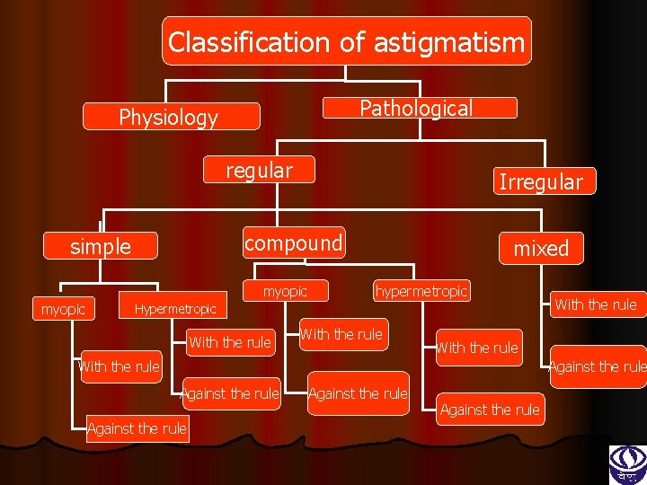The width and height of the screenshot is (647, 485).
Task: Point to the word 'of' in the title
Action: coord(352,42)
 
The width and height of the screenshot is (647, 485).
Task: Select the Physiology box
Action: coord(169,118)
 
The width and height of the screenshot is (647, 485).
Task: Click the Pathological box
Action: coord(416,109)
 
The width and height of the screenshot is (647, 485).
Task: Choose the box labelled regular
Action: coord(260,170)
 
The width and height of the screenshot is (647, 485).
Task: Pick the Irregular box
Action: coord(540,182)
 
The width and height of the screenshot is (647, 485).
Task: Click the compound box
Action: coord(294,242)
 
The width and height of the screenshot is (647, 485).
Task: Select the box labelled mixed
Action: coord(541,249)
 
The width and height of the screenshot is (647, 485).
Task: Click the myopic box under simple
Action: coord(64,310)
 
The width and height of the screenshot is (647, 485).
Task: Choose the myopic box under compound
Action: coord(285,291)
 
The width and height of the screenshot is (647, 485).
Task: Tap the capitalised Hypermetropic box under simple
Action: coord(175,310)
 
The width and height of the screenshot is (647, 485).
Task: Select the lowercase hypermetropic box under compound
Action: coord(421,291)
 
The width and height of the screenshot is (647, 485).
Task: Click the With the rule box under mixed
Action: coord(595,304)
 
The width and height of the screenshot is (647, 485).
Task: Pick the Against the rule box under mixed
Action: coord(598,366)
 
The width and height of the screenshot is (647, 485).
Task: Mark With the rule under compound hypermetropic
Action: coord(477,348)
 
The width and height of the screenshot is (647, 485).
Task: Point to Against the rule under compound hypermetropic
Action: coord(490,410)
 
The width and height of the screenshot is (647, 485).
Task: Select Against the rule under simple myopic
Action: coord(137,428)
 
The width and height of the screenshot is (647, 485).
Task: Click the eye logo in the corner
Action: coord(627,463)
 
